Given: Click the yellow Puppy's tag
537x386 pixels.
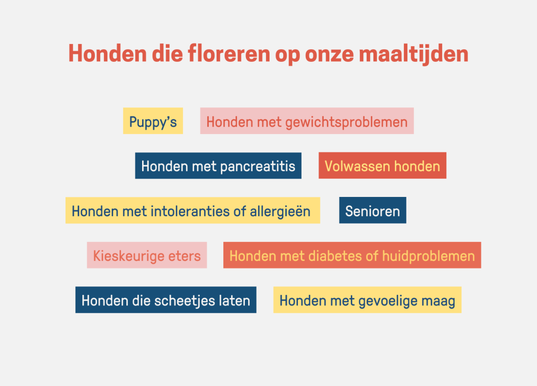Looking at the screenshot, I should pyautogui.click(x=153, y=121).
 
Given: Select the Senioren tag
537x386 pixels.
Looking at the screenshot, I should pyautogui.click(x=372, y=211).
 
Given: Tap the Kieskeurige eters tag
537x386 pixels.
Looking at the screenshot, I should pyautogui.click(x=147, y=256).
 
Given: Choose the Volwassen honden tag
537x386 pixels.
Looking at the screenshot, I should pyautogui.click(x=382, y=166).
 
